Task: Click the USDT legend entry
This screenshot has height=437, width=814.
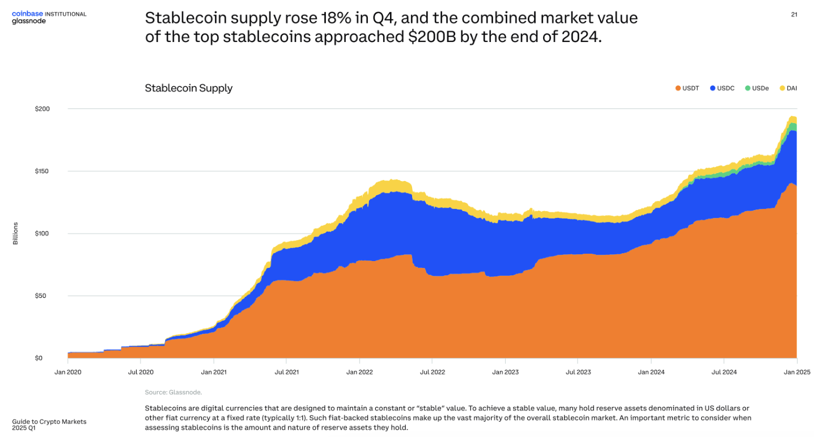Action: point(687,89)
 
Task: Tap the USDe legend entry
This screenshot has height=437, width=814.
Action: point(757,89)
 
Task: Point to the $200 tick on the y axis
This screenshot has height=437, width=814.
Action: point(43,108)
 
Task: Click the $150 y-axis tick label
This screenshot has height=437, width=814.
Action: point(43,171)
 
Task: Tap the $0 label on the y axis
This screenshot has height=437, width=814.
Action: point(39,358)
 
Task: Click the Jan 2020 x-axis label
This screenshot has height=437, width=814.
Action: point(67,372)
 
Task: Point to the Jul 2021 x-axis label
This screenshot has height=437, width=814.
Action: point(286,372)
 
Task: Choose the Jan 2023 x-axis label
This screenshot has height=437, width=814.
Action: point(505,372)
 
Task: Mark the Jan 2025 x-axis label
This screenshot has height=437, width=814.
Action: point(797,372)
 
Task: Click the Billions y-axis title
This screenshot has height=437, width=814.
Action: point(15,233)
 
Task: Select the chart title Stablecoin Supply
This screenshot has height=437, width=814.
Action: point(189,88)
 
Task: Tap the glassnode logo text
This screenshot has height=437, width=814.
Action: point(29,21)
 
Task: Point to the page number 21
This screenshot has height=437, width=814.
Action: point(794,15)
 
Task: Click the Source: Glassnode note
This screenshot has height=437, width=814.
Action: point(173,392)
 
